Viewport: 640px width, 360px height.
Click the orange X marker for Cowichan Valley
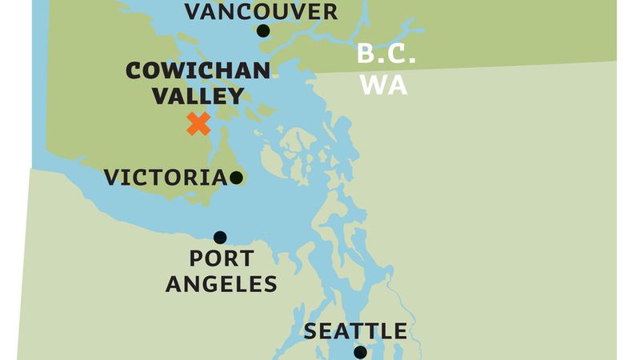(x=198, y=124)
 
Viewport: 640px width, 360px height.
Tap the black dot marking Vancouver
(x=263, y=31)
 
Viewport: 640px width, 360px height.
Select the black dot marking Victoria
(x=236, y=178)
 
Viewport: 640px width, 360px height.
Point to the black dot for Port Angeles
(x=220, y=237)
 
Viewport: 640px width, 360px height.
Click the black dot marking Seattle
(x=360, y=352)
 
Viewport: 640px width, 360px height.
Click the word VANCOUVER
(x=261, y=11)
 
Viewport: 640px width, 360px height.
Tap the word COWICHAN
(x=198, y=71)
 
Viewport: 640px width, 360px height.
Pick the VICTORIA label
(x=166, y=178)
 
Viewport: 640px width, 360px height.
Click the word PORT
(x=222, y=259)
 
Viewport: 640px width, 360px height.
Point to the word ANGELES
(x=222, y=283)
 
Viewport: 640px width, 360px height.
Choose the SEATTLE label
(x=355, y=331)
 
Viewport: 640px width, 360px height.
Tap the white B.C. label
(x=386, y=55)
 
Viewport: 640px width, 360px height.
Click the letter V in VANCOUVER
(x=193, y=11)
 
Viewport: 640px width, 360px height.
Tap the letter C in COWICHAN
(x=134, y=71)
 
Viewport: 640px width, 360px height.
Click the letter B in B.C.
(x=365, y=55)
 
